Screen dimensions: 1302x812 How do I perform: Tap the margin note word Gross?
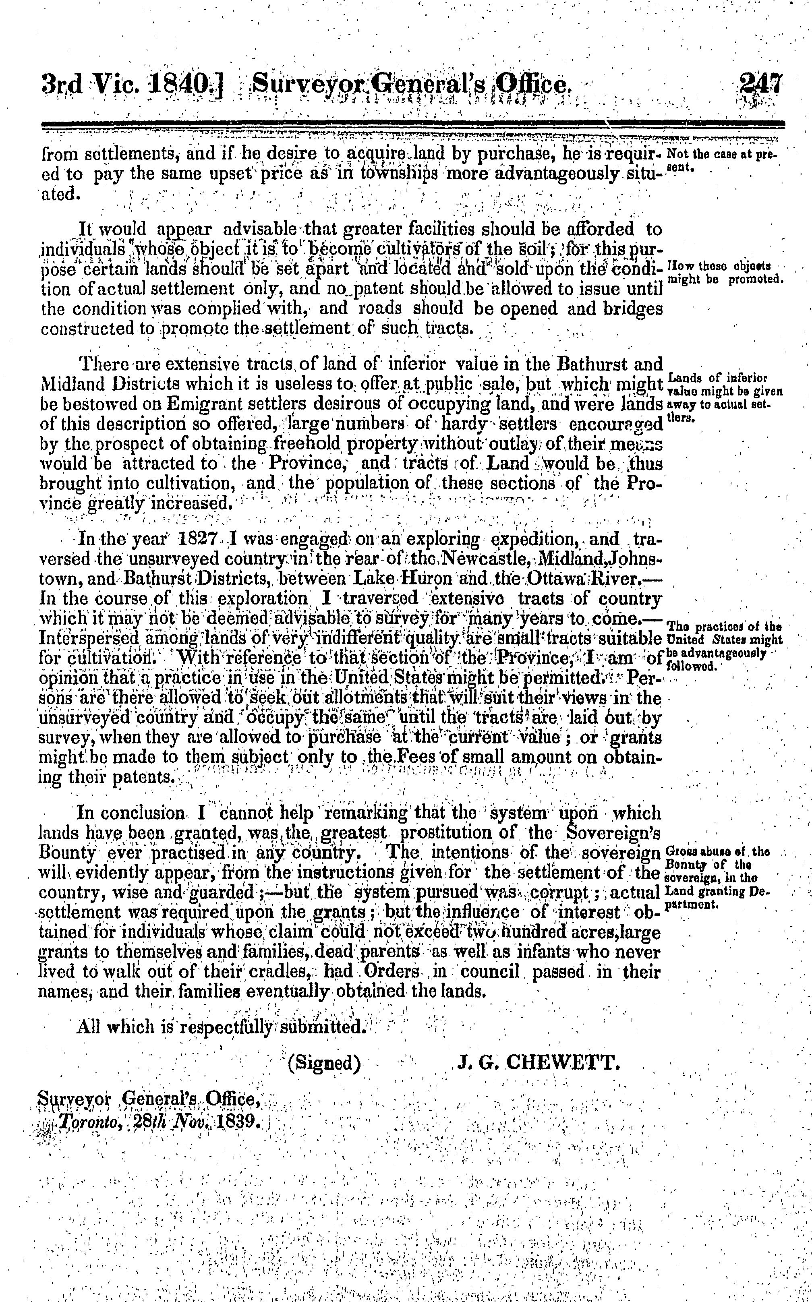678,851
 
